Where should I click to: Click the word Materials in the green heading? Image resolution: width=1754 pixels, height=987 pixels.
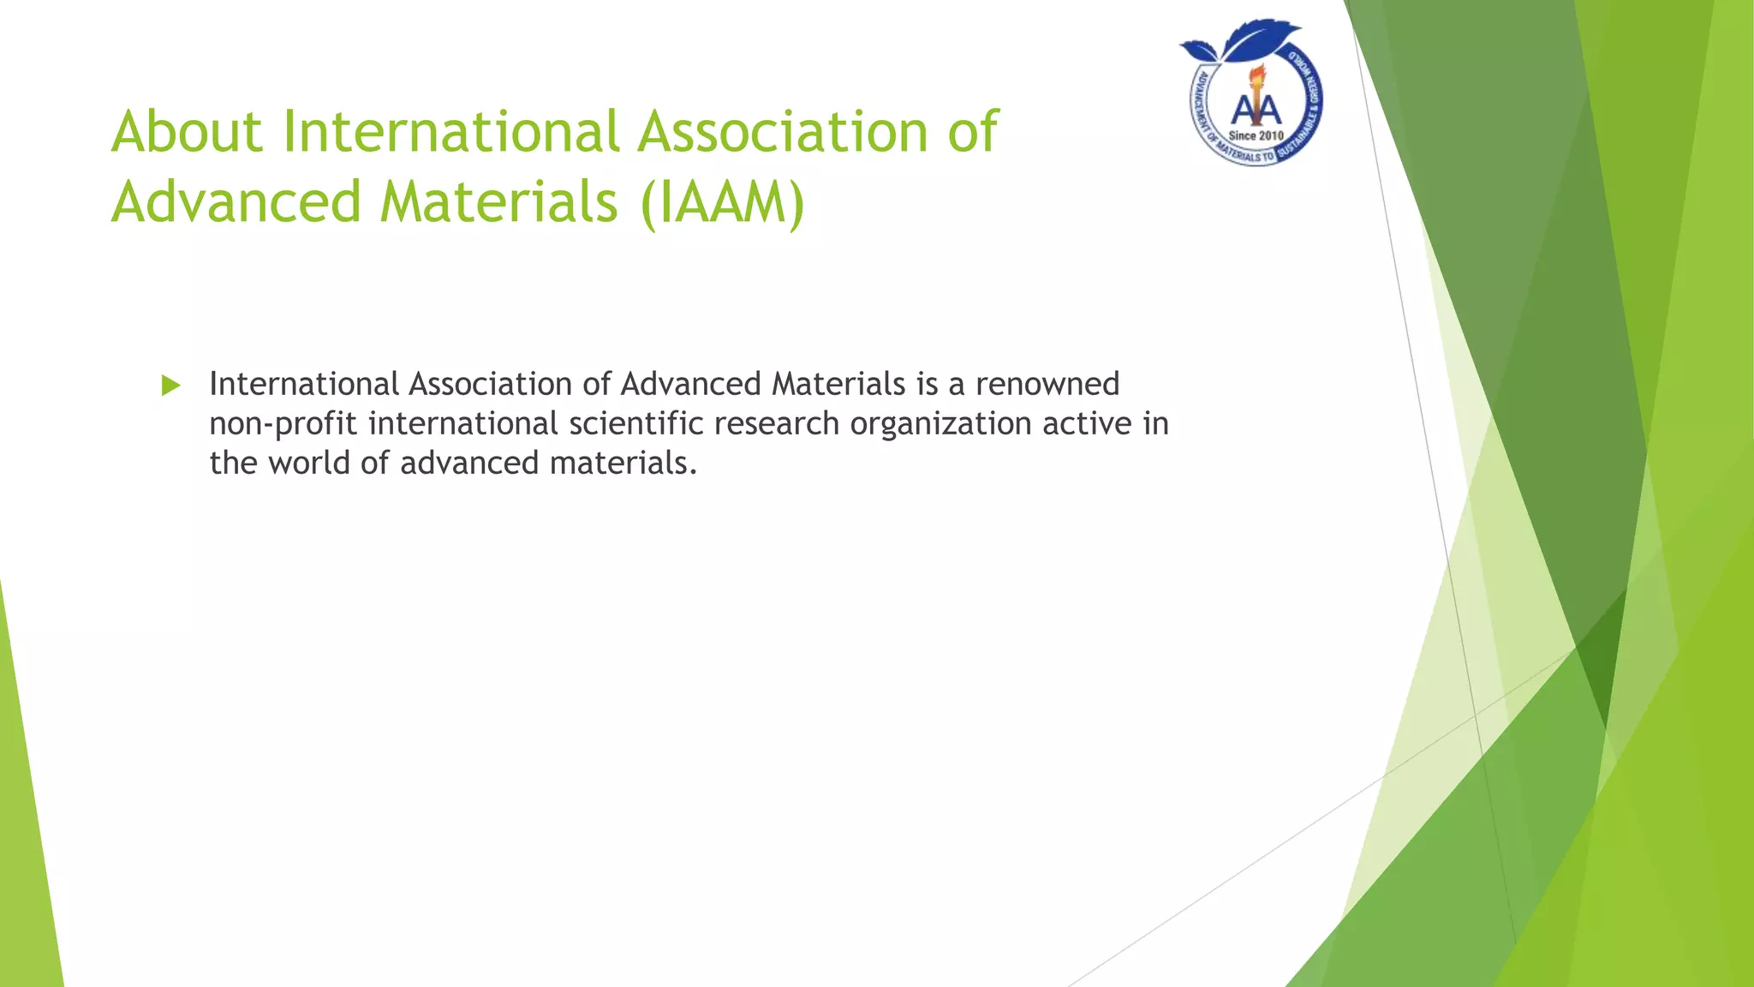tap(498, 203)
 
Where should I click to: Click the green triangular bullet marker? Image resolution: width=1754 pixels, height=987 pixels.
tap(171, 386)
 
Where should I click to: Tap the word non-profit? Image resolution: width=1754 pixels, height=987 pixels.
tap(283, 424)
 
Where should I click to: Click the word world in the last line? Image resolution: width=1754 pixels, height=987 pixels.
tap(308, 464)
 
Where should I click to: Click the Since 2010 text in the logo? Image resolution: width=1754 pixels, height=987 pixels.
tap(1256, 136)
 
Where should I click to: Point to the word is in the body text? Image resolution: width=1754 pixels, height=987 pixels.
tap(927, 385)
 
